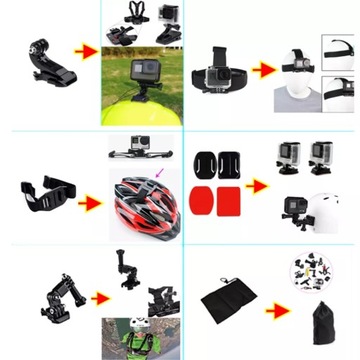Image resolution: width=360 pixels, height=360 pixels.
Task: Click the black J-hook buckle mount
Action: pyautogui.click(x=50, y=57)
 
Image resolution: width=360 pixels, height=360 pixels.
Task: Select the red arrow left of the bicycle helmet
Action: pyautogui.click(x=91, y=202)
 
